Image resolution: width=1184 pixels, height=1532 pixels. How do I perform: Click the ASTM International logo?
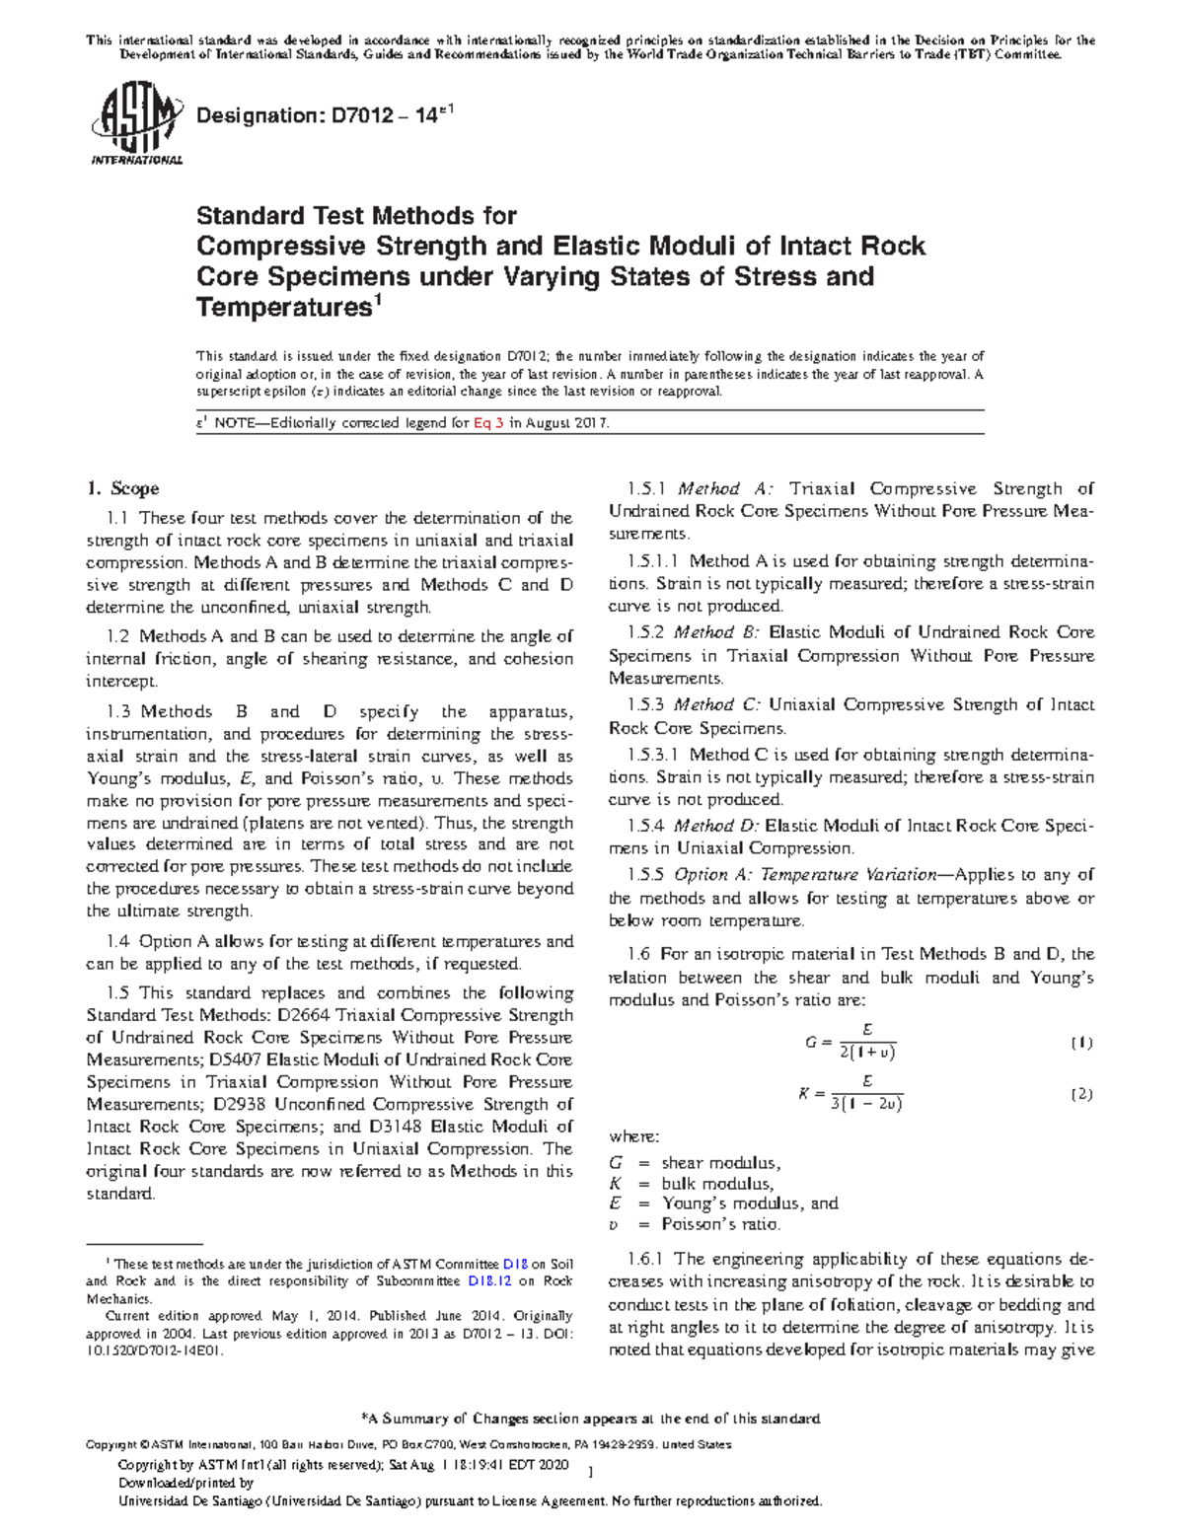[x=135, y=126]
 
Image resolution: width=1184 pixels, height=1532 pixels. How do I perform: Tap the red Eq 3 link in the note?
[x=488, y=423]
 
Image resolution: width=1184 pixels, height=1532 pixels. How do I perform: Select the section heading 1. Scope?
[x=122, y=488]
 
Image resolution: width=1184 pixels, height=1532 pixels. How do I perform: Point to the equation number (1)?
[x=1081, y=1043]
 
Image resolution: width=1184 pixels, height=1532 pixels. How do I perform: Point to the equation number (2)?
[x=1081, y=1094]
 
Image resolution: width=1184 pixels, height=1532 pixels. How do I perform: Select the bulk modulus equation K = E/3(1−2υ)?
[x=851, y=1093]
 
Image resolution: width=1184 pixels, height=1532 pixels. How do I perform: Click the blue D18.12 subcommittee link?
[x=490, y=1281]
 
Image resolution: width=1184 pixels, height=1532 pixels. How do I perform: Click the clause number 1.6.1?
[x=647, y=1259]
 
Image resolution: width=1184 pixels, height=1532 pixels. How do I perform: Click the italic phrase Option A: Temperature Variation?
[x=804, y=875]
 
